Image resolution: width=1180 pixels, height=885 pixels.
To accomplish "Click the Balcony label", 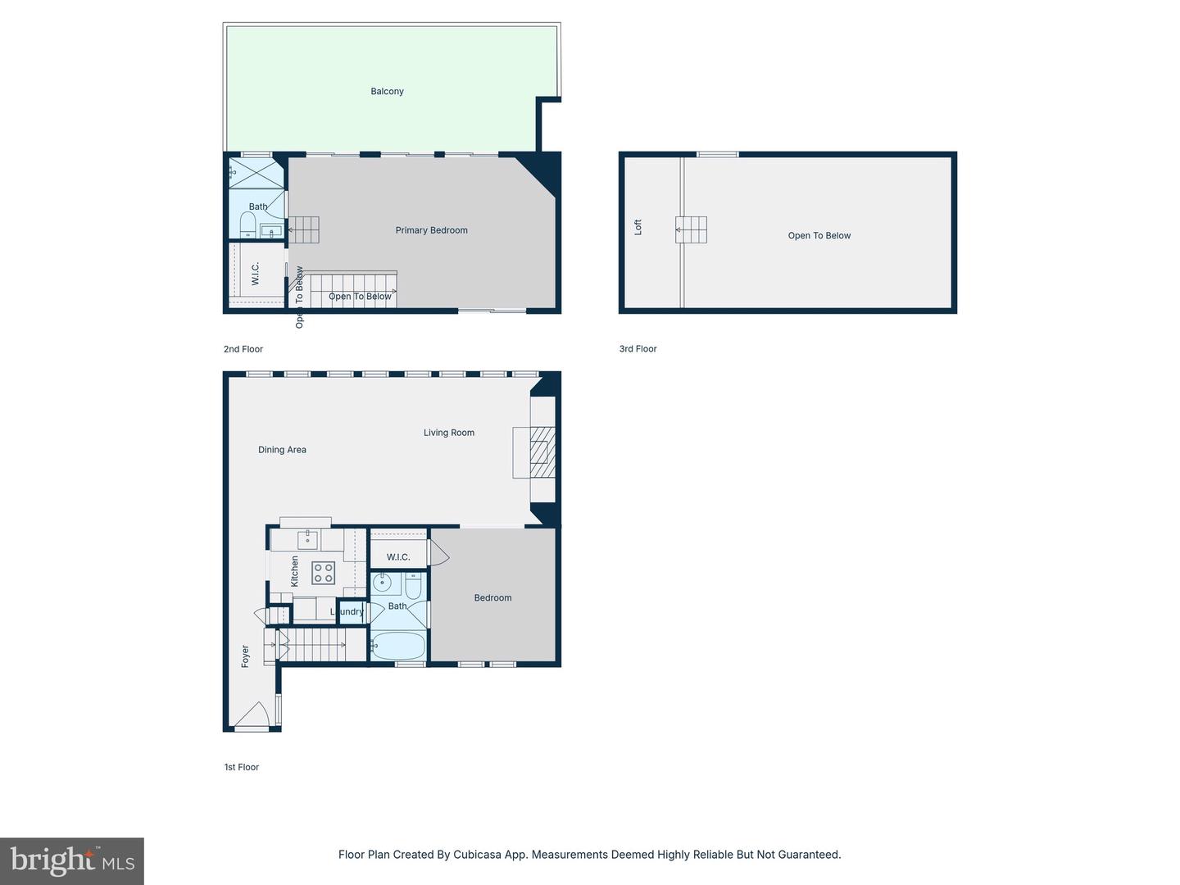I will pyautogui.click(x=387, y=92).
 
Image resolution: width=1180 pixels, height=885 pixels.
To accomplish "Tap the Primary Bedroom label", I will pyautogui.click(x=431, y=230).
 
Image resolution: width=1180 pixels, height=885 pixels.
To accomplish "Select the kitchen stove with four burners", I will pyautogui.click(x=323, y=573).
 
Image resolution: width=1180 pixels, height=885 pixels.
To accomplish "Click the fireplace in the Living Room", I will pyautogui.click(x=538, y=452).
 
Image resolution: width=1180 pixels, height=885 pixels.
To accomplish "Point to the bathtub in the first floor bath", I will pyautogui.click(x=398, y=647).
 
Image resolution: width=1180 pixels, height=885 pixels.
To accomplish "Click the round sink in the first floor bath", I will pyautogui.click(x=382, y=583).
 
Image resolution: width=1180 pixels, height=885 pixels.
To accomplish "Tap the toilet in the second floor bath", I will pyautogui.click(x=247, y=224).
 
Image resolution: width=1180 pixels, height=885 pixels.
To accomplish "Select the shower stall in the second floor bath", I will pyautogui.click(x=256, y=173).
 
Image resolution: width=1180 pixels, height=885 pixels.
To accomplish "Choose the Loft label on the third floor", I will pyautogui.click(x=638, y=227).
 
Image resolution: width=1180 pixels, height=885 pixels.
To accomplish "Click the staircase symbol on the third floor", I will pyautogui.click(x=691, y=229).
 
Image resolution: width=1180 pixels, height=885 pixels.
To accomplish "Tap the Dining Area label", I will pyautogui.click(x=282, y=450).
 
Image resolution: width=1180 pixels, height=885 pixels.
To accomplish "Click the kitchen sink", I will pyautogui.click(x=307, y=539).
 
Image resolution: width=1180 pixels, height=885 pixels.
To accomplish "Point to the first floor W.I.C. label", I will pyautogui.click(x=398, y=557).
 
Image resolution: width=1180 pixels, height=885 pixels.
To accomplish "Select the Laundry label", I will pyautogui.click(x=347, y=611).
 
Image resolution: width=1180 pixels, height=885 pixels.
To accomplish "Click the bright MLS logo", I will pyautogui.click(x=72, y=860).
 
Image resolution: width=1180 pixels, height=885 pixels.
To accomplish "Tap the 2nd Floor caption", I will pyautogui.click(x=243, y=349).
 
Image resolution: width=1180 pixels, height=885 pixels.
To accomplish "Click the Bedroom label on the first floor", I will pyautogui.click(x=492, y=598).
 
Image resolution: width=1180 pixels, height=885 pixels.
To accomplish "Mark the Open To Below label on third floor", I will pyautogui.click(x=819, y=236).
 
